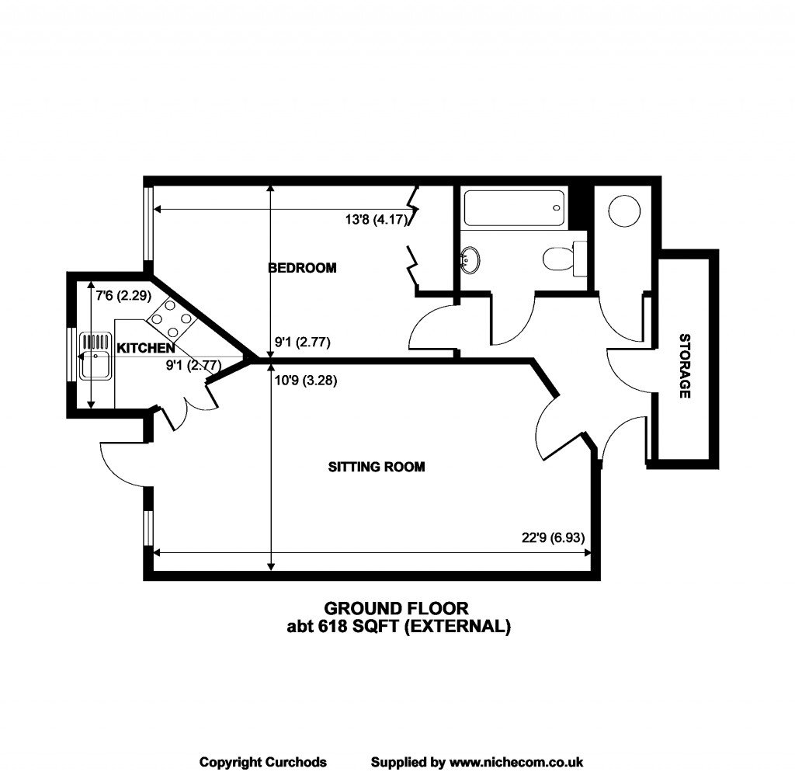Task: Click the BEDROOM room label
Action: coord(302,268)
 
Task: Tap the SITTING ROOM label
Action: coord(377,467)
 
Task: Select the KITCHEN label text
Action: coord(146,349)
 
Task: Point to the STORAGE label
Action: coord(685,366)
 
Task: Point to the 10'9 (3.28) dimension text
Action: coord(306,380)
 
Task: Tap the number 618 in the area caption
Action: coord(332,627)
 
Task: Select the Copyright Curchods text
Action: coord(263,762)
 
